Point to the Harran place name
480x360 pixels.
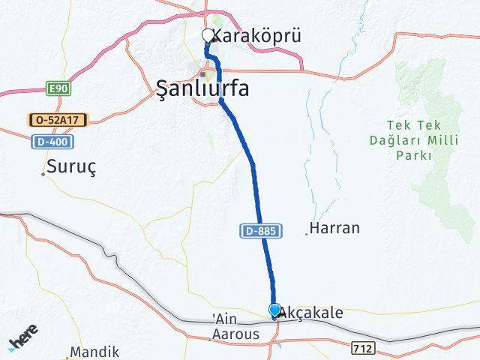[334, 228]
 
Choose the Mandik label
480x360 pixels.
[94, 352]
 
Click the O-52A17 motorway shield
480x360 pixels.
[58, 120]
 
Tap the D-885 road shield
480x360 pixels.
[262, 232]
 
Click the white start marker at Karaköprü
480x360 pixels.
[208, 35]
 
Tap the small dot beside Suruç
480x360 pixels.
[43, 174]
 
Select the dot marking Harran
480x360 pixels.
[306, 234]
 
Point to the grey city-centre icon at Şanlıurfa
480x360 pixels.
[212, 75]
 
